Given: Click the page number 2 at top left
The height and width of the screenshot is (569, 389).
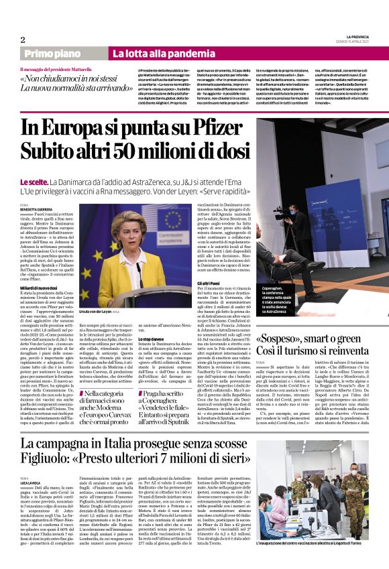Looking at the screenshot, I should click(x=23, y=40).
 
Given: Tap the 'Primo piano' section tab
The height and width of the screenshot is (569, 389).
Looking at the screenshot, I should click(x=66, y=53).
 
